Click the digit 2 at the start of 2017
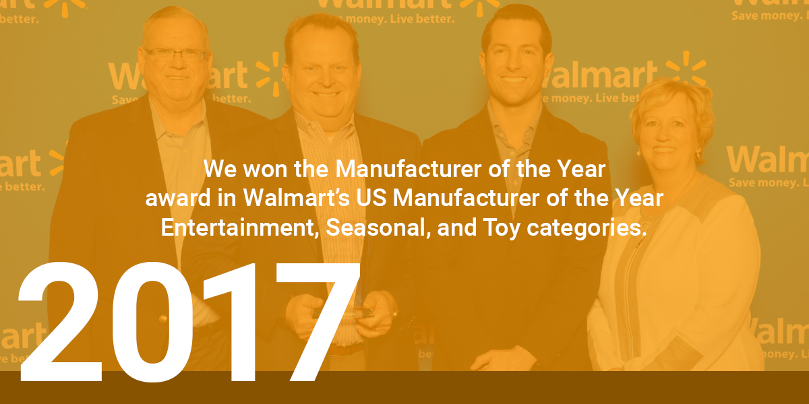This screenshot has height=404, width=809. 60,322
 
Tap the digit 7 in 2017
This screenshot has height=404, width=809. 318,322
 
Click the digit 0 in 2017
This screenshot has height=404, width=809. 152,322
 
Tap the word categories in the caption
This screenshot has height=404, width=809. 587,229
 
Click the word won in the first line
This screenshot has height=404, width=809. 266,170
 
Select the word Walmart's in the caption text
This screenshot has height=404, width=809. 297,198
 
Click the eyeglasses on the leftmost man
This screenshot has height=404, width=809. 175,55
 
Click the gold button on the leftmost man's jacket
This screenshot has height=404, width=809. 163,319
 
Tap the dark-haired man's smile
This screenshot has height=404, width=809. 513,79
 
